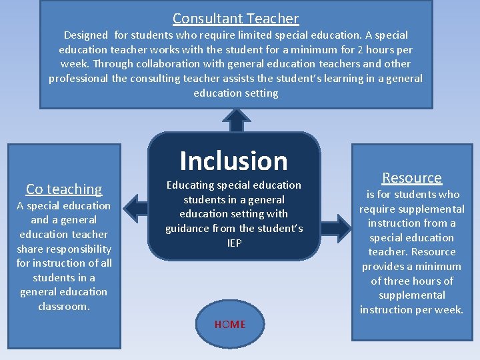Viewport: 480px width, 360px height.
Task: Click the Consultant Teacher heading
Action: (235, 19)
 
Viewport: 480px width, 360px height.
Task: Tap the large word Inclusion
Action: (233, 161)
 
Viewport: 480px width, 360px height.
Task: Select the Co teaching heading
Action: (64, 189)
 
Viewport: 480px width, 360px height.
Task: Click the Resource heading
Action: (411, 178)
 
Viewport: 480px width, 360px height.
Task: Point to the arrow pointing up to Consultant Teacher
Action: (235, 121)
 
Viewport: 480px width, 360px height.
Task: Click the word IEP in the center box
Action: (234, 243)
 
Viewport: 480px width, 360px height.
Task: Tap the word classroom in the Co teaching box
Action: (64, 306)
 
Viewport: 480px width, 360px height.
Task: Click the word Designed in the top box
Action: (85, 35)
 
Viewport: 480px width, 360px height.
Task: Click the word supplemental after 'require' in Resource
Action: (432, 209)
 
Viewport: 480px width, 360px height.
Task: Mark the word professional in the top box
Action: (78, 78)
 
